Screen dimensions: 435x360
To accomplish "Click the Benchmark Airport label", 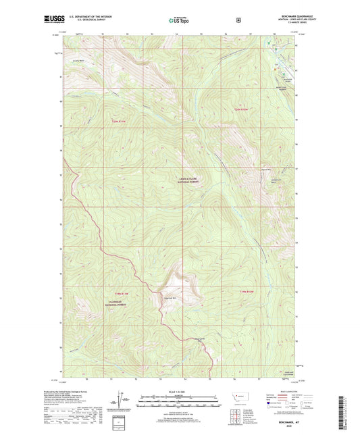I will pyautogui.click(x=284, y=80).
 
